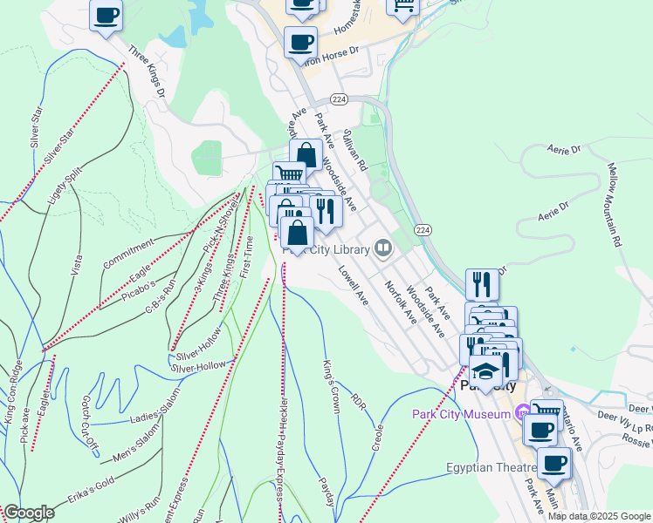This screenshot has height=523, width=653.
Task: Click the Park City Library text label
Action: (x=326, y=250)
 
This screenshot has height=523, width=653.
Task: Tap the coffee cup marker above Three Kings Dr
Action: (x=106, y=15)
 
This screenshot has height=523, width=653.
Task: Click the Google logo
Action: (x=29, y=513)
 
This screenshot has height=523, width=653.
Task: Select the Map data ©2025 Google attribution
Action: (x=599, y=516)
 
